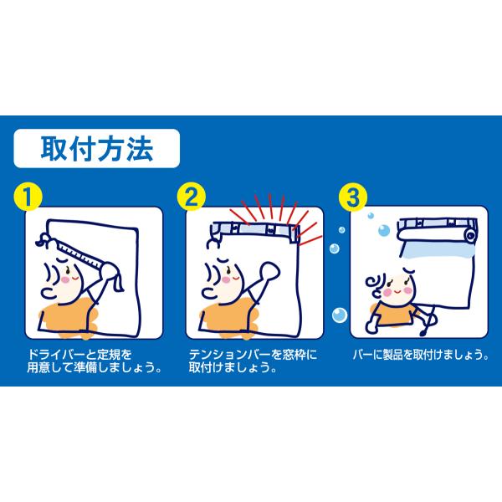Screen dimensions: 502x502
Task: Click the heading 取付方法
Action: pos(97,149)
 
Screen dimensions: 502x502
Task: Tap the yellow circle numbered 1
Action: pos(28,197)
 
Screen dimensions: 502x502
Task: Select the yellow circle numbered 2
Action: pos(191,197)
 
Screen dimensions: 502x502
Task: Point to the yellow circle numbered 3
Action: pos(353,197)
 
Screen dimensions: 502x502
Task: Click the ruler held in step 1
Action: pos(79,252)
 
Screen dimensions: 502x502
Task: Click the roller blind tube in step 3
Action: pos(437,234)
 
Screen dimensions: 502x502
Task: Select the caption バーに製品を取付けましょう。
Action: pos(420,355)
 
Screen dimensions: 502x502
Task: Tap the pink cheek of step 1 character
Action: pos(65,279)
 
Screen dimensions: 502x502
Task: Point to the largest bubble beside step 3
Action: pos(340,315)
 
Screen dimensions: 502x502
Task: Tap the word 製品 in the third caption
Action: pos(392,355)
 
